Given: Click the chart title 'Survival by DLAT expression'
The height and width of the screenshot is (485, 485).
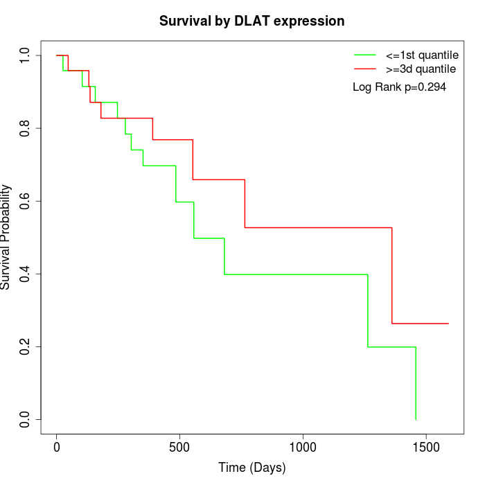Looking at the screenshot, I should click(252, 21).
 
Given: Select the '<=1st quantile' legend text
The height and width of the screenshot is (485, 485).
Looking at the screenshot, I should click(421, 54).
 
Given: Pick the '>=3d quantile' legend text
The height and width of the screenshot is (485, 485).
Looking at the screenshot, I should click(421, 69).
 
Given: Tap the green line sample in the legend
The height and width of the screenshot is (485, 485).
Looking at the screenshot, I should click(364, 54).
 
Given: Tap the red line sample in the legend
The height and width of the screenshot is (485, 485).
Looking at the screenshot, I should click(364, 69).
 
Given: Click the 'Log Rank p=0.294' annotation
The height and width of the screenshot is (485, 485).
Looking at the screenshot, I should click(399, 87).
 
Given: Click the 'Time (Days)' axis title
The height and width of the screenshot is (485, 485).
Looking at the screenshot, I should click(252, 468).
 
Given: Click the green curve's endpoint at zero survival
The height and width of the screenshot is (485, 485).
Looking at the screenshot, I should click(416, 419).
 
